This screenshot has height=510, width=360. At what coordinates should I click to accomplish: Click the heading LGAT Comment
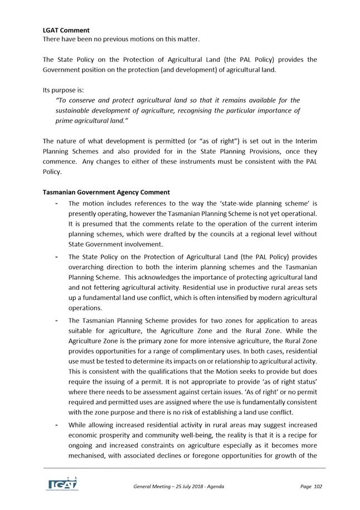(x=66, y=30)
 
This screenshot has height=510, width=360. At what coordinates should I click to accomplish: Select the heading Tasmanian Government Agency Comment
(x=106, y=192)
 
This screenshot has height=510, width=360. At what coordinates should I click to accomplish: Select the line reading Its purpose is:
(x=64, y=90)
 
